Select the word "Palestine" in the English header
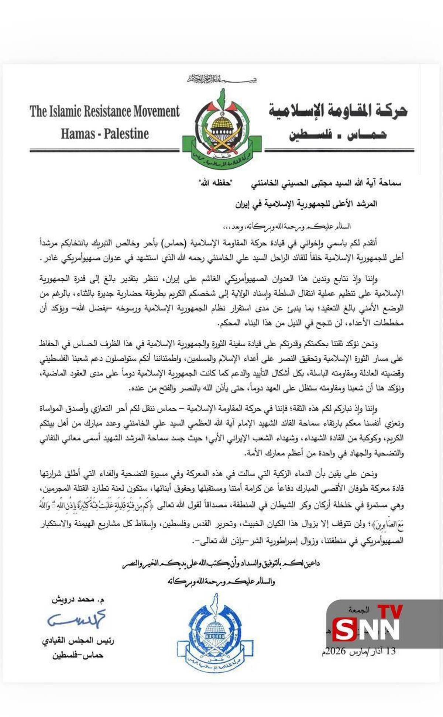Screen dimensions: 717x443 click(126, 134)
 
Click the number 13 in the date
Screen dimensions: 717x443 click(390, 651)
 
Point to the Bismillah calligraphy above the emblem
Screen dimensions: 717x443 click(221, 79)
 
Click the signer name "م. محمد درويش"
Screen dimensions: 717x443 click(78, 600)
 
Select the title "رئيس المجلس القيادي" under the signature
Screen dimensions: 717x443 click(78, 641)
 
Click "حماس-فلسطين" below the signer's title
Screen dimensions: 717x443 click(78, 655)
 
